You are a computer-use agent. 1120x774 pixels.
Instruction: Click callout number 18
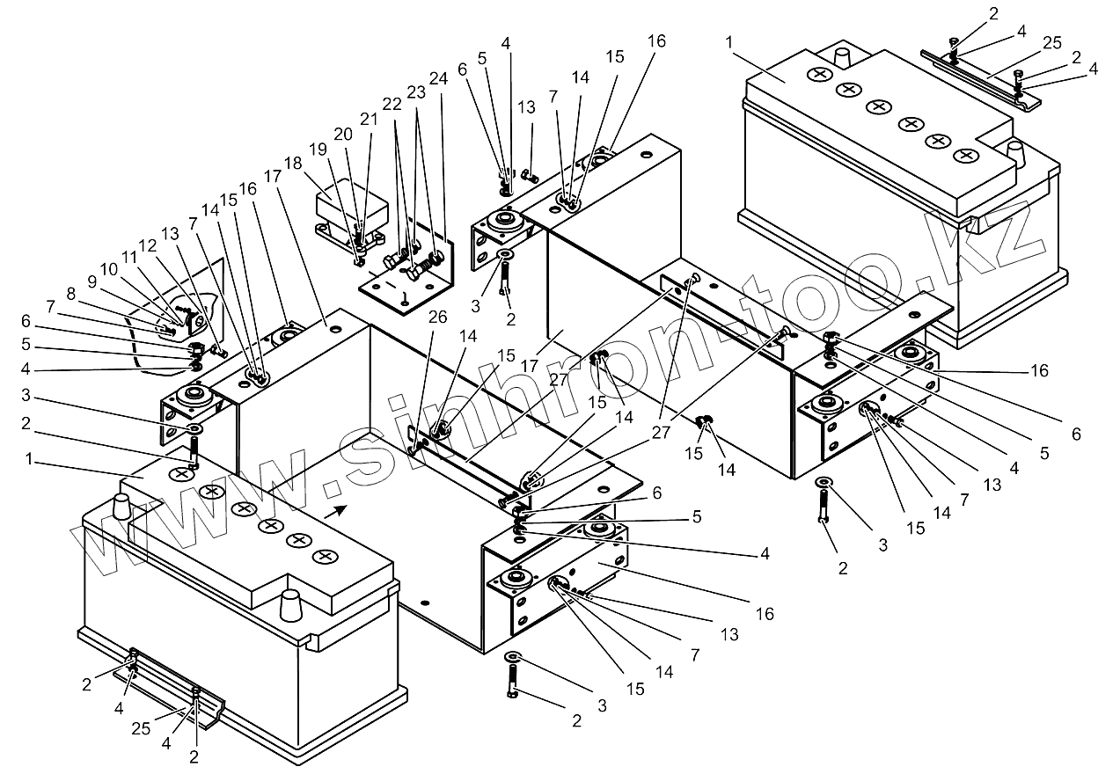point(294,164)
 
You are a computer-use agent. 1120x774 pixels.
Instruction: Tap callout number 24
point(438,79)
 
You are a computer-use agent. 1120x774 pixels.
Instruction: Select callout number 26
point(437,317)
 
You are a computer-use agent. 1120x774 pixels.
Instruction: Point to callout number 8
point(71,294)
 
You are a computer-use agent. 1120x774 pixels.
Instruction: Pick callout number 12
point(148,245)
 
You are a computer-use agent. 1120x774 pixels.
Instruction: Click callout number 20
point(343,135)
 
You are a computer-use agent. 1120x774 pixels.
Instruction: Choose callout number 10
point(108,269)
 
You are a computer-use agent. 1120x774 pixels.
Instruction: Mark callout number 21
point(369,120)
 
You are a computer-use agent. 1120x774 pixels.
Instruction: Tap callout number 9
point(92,282)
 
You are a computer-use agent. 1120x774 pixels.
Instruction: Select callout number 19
point(318,150)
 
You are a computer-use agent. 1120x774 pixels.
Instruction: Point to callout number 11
point(129,258)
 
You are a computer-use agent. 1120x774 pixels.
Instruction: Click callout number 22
point(392,104)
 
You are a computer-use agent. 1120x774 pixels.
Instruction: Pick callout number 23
point(416,92)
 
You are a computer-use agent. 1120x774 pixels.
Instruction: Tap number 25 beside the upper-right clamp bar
point(1052,42)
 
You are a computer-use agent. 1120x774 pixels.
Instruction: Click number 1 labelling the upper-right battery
point(729,42)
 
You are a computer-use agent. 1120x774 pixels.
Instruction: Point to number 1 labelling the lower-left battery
point(29,459)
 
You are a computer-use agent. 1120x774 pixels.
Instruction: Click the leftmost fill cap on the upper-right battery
point(819,75)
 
